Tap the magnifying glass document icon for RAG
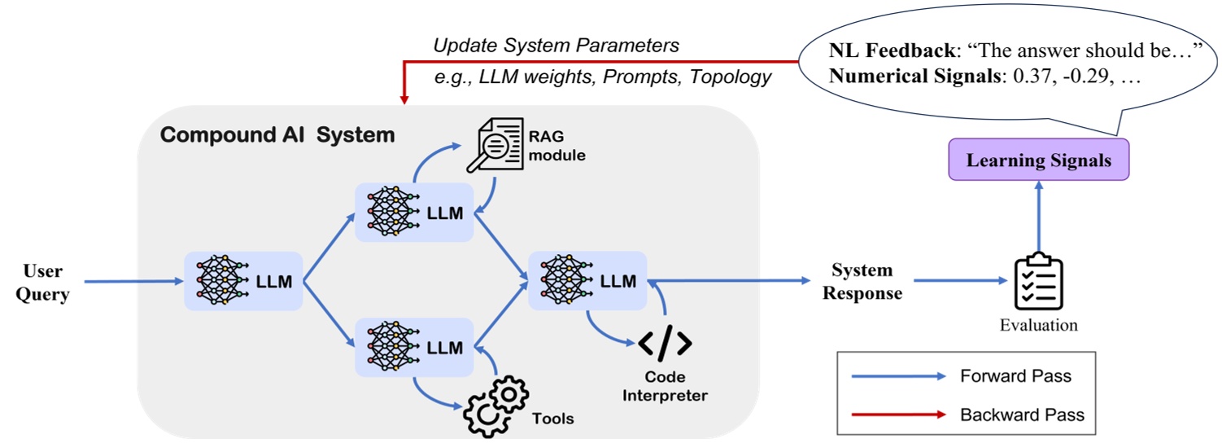pos(494,144)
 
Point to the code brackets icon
pos(665,344)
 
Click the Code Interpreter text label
pos(665,387)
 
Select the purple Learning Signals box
pos(1038,160)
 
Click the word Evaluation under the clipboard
pos(1038,325)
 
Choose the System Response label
pos(862,282)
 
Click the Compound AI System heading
pos(277,134)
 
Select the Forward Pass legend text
pos(1015,376)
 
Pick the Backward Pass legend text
pos(1022,414)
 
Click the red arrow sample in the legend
pos(898,414)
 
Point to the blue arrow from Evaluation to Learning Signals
pos(1038,216)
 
